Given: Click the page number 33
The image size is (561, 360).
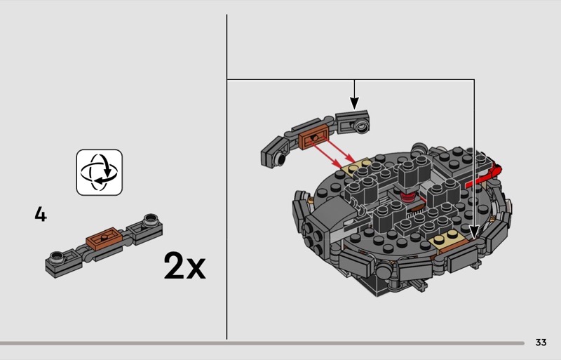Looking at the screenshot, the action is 541,342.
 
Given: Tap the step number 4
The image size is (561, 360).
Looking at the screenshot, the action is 41,214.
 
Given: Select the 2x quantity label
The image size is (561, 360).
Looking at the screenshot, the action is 184,265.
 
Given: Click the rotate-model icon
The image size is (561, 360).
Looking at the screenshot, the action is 100,173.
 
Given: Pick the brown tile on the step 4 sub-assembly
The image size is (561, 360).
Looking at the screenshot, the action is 104,238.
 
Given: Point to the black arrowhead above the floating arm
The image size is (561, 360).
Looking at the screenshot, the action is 354,103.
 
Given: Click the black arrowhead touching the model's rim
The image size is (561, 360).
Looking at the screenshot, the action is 474,232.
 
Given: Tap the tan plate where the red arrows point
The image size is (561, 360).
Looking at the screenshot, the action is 356,167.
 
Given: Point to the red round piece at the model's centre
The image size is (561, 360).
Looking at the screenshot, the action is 407,196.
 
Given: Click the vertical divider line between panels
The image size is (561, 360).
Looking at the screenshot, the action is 227,177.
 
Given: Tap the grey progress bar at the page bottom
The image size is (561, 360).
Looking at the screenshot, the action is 262,343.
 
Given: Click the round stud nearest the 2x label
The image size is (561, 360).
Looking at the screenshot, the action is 151,220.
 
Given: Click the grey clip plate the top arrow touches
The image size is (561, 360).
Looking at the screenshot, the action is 353,122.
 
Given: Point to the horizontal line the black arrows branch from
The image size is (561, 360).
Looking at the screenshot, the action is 351,79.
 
